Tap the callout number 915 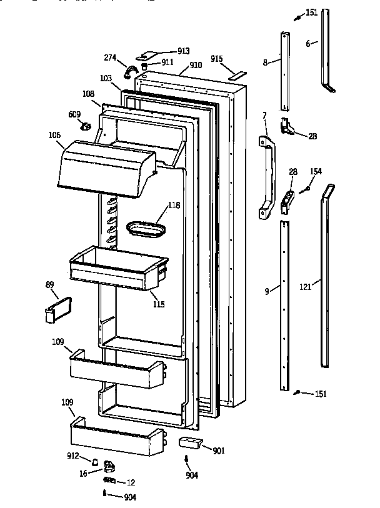[x=217, y=59]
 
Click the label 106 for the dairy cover [x=54, y=134]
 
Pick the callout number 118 [x=173, y=206]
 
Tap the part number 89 [x=50, y=285]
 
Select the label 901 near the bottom [x=219, y=451]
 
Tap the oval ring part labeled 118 [x=147, y=228]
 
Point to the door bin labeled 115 [x=119, y=269]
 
